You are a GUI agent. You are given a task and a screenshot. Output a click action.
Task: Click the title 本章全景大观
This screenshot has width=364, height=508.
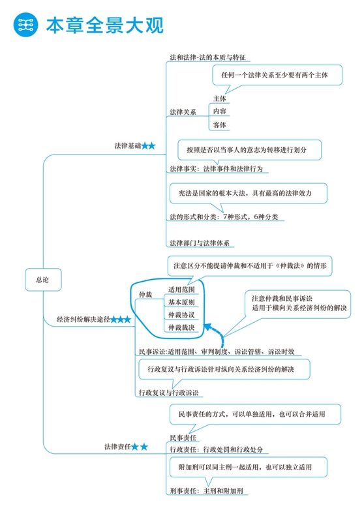pyautogui.click(x=104, y=25)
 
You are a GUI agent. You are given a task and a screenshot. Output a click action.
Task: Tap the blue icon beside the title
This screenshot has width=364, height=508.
pyautogui.click(x=25, y=25)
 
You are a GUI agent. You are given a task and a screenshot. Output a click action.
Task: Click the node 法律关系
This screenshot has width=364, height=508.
pyautogui.click(x=183, y=112)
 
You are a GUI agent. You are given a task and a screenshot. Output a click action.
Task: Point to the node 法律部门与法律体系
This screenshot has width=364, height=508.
pyautogui.click(x=199, y=243)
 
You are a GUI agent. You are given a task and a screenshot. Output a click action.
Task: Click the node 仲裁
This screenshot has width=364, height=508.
pyautogui.click(x=145, y=295)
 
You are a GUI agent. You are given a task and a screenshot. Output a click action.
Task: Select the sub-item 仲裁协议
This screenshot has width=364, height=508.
pyautogui.click(x=181, y=315)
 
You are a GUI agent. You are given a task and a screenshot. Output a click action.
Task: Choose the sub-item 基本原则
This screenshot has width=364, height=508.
pyautogui.click(x=181, y=302)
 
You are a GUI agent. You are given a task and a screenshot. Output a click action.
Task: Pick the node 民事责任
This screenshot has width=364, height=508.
pyautogui.click(x=183, y=437)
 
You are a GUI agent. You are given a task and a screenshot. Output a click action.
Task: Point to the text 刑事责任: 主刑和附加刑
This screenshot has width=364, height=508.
pyautogui.click(x=205, y=490)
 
